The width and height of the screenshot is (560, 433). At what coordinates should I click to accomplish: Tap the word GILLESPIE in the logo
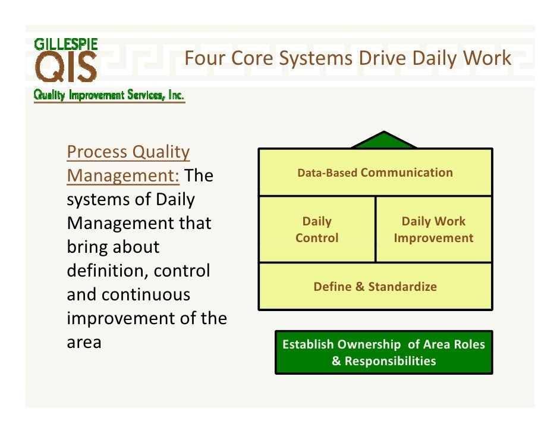coord(66,44)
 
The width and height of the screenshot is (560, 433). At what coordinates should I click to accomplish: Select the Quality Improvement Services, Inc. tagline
coord(109,96)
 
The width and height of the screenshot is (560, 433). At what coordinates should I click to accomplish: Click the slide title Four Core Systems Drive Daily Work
coord(347,58)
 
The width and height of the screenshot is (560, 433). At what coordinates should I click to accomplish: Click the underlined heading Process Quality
coord(128,152)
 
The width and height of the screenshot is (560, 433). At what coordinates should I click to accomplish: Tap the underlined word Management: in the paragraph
coord(124,176)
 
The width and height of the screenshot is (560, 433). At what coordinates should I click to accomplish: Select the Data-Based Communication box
coord(375,172)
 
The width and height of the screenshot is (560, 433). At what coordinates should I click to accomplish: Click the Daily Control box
coord(317,230)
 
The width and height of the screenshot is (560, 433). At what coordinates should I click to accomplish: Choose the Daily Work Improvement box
coord(433,230)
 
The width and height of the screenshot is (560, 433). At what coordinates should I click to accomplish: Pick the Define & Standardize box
coord(375,287)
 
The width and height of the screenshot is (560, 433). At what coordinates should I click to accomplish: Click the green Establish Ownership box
coord(383,353)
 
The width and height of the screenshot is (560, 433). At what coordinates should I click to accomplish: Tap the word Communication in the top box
coord(407,172)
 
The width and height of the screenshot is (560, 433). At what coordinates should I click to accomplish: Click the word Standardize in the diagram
coord(402,287)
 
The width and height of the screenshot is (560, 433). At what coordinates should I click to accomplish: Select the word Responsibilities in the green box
coord(390,361)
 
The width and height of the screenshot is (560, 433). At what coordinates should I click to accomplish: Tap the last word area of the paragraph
coord(84,343)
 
